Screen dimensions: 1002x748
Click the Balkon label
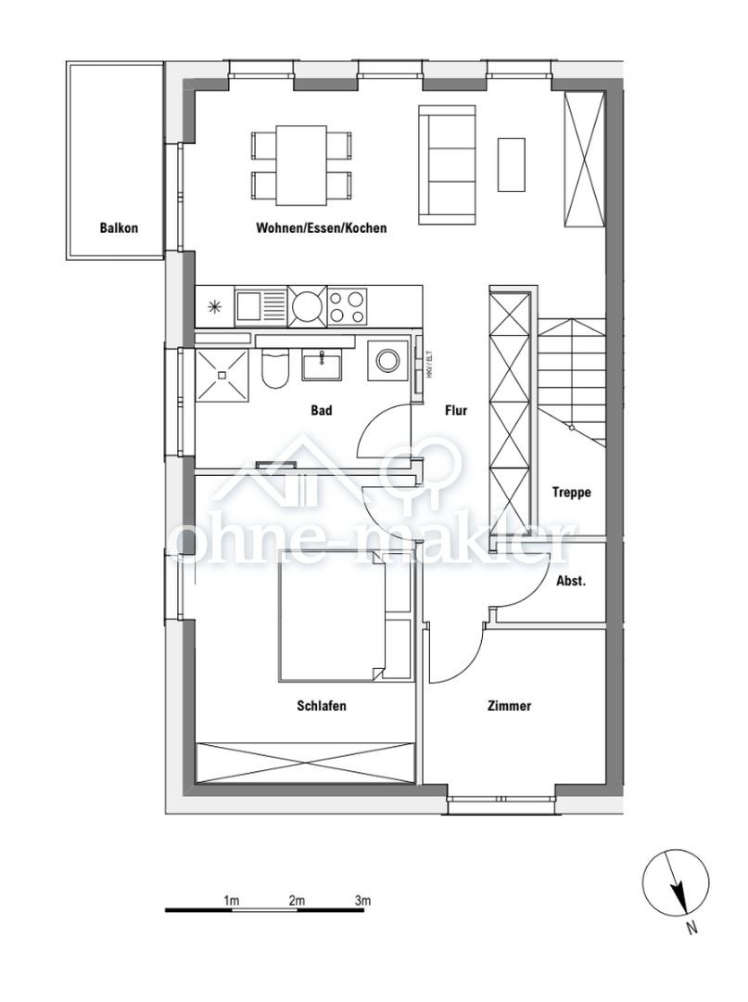pos(119,227)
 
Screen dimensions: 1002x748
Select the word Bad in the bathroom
pos(321,410)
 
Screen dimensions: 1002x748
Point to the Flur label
pos(455,410)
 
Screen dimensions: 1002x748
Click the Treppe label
pos(571,493)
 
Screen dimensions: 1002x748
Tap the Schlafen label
pos(322,706)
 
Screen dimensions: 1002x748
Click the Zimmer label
pos(509,706)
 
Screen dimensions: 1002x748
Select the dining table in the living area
pos(301,165)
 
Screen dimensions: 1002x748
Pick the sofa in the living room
pos(447,164)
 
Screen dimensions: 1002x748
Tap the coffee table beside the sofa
pos(511,164)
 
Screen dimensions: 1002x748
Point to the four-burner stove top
pos(348,305)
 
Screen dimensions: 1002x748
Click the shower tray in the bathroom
pos(222,375)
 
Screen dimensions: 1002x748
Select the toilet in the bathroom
pos(275,368)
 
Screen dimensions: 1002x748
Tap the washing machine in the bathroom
pos(387,360)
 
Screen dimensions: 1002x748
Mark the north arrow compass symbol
pos(677,883)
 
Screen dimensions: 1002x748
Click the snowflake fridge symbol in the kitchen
pos(215,305)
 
